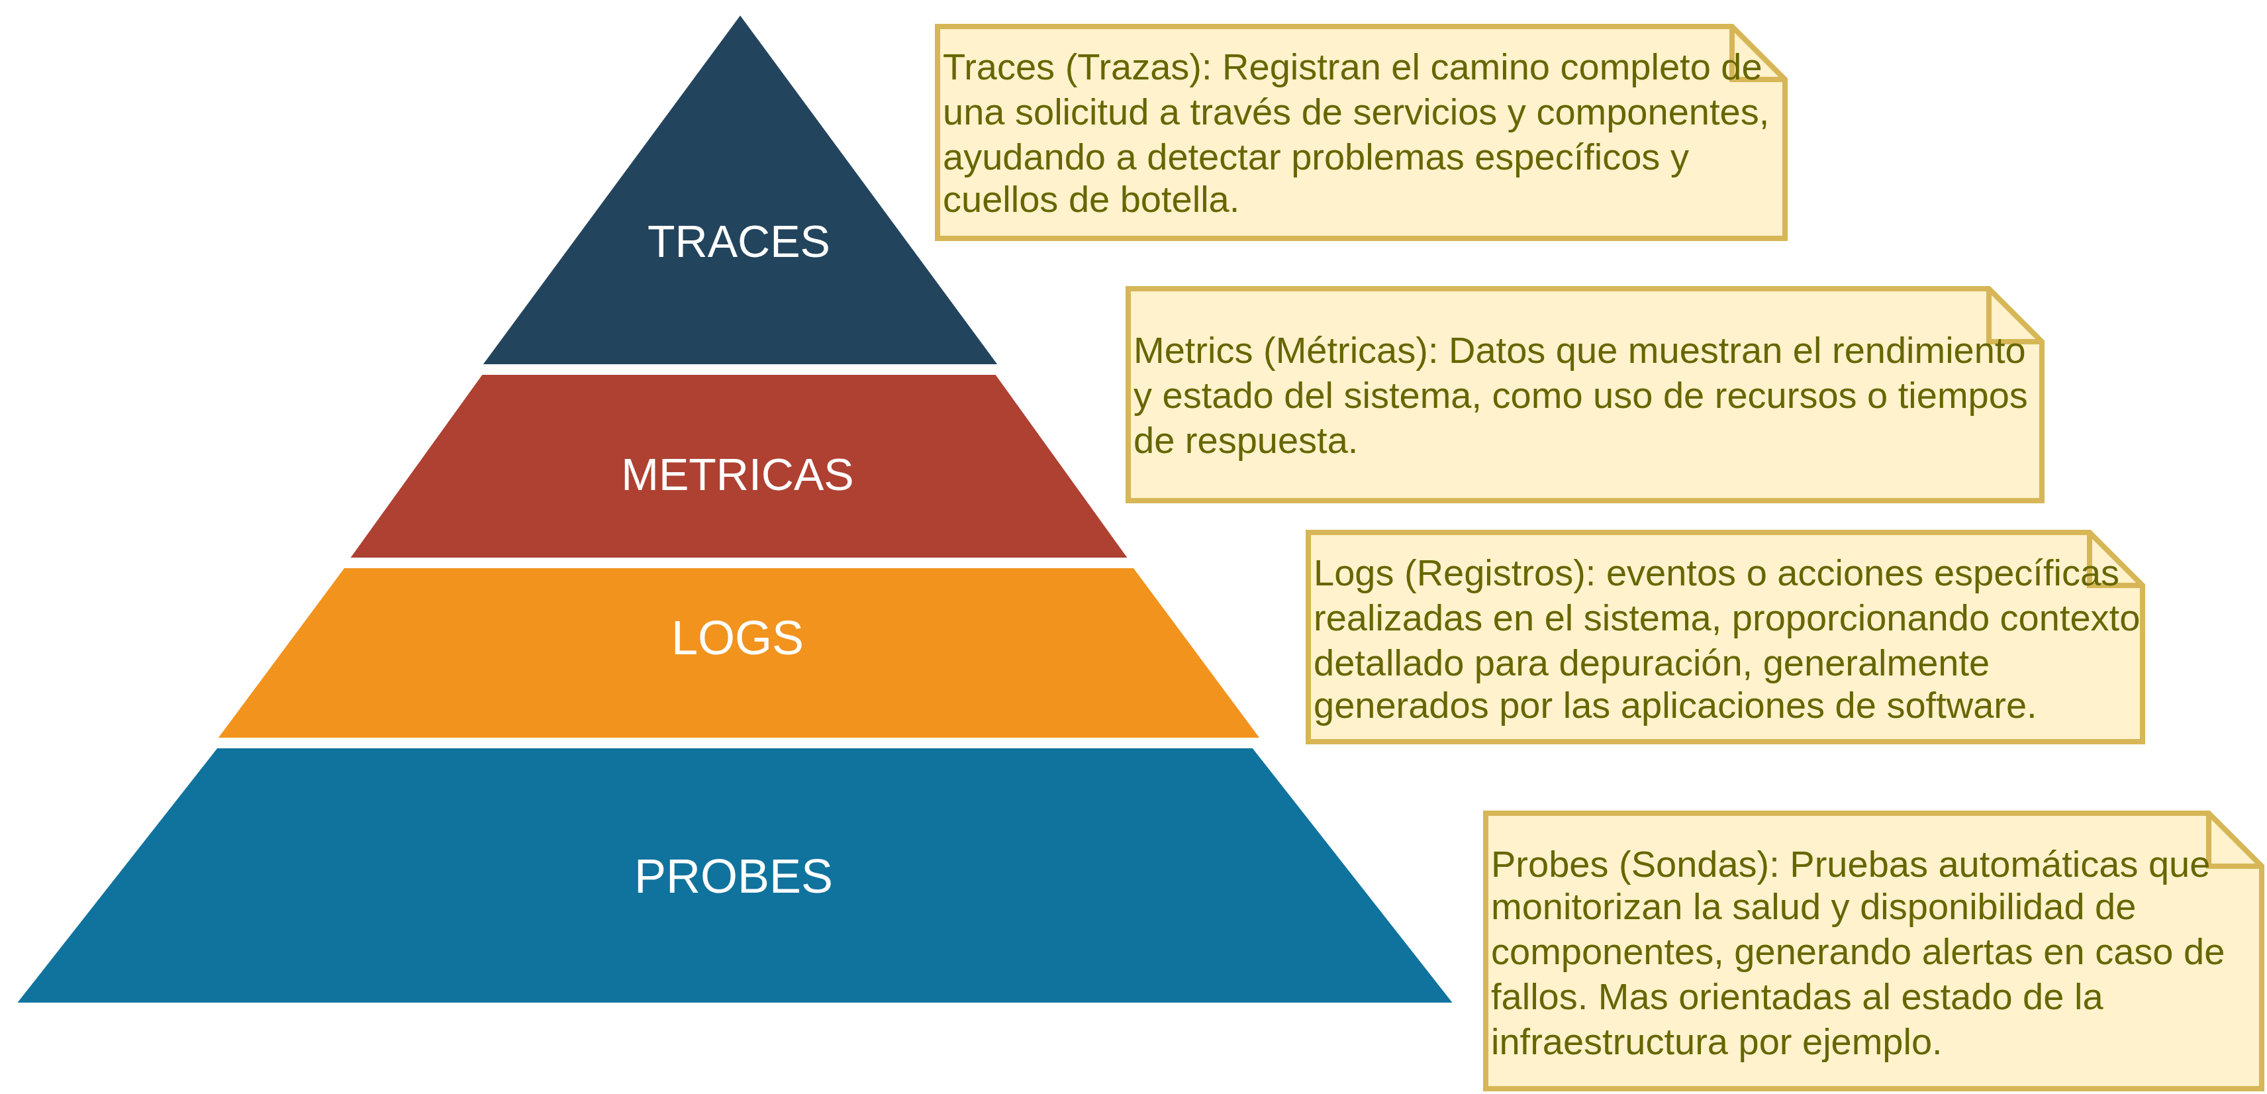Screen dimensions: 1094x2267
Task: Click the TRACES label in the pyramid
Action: coord(738,242)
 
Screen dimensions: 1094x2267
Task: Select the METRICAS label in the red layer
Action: coord(738,475)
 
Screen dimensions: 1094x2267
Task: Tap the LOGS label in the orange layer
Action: coord(738,638)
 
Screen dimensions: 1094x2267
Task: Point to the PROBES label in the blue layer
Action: coord(733,877)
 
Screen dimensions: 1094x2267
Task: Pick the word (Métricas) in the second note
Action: coord(1350,351)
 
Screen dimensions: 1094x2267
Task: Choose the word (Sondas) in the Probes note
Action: coord(1698,865)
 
